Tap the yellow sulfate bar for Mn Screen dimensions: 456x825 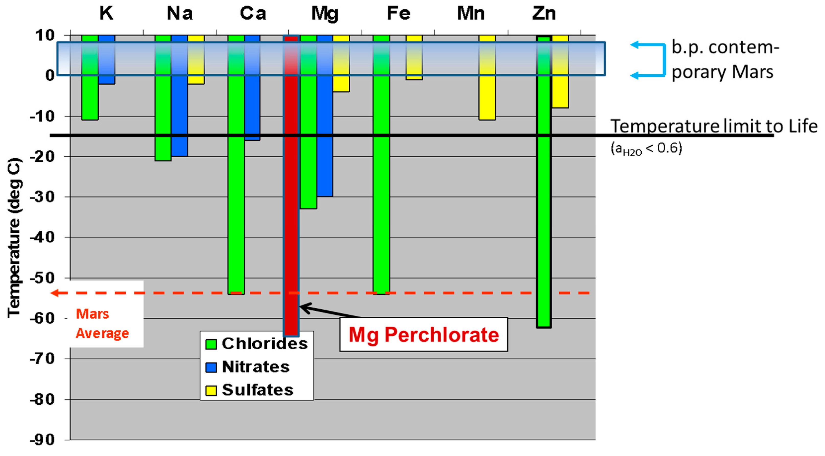coord(487,96)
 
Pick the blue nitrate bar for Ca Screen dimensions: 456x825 coord(252,106)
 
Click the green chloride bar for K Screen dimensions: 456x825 coord(90,96)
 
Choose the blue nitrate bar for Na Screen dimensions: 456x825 coord(179,112)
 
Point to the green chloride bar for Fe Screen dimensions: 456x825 coord(381,192)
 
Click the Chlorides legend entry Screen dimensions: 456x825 coord(256,344)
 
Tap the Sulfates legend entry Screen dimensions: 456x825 coord(250,390)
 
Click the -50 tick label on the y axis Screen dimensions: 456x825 coord(42,278)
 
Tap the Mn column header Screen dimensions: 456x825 coord(471,14)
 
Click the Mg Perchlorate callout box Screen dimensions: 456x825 coord(423,335)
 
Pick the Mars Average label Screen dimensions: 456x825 coord(102,323)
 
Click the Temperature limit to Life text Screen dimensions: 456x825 coord(714,126)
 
